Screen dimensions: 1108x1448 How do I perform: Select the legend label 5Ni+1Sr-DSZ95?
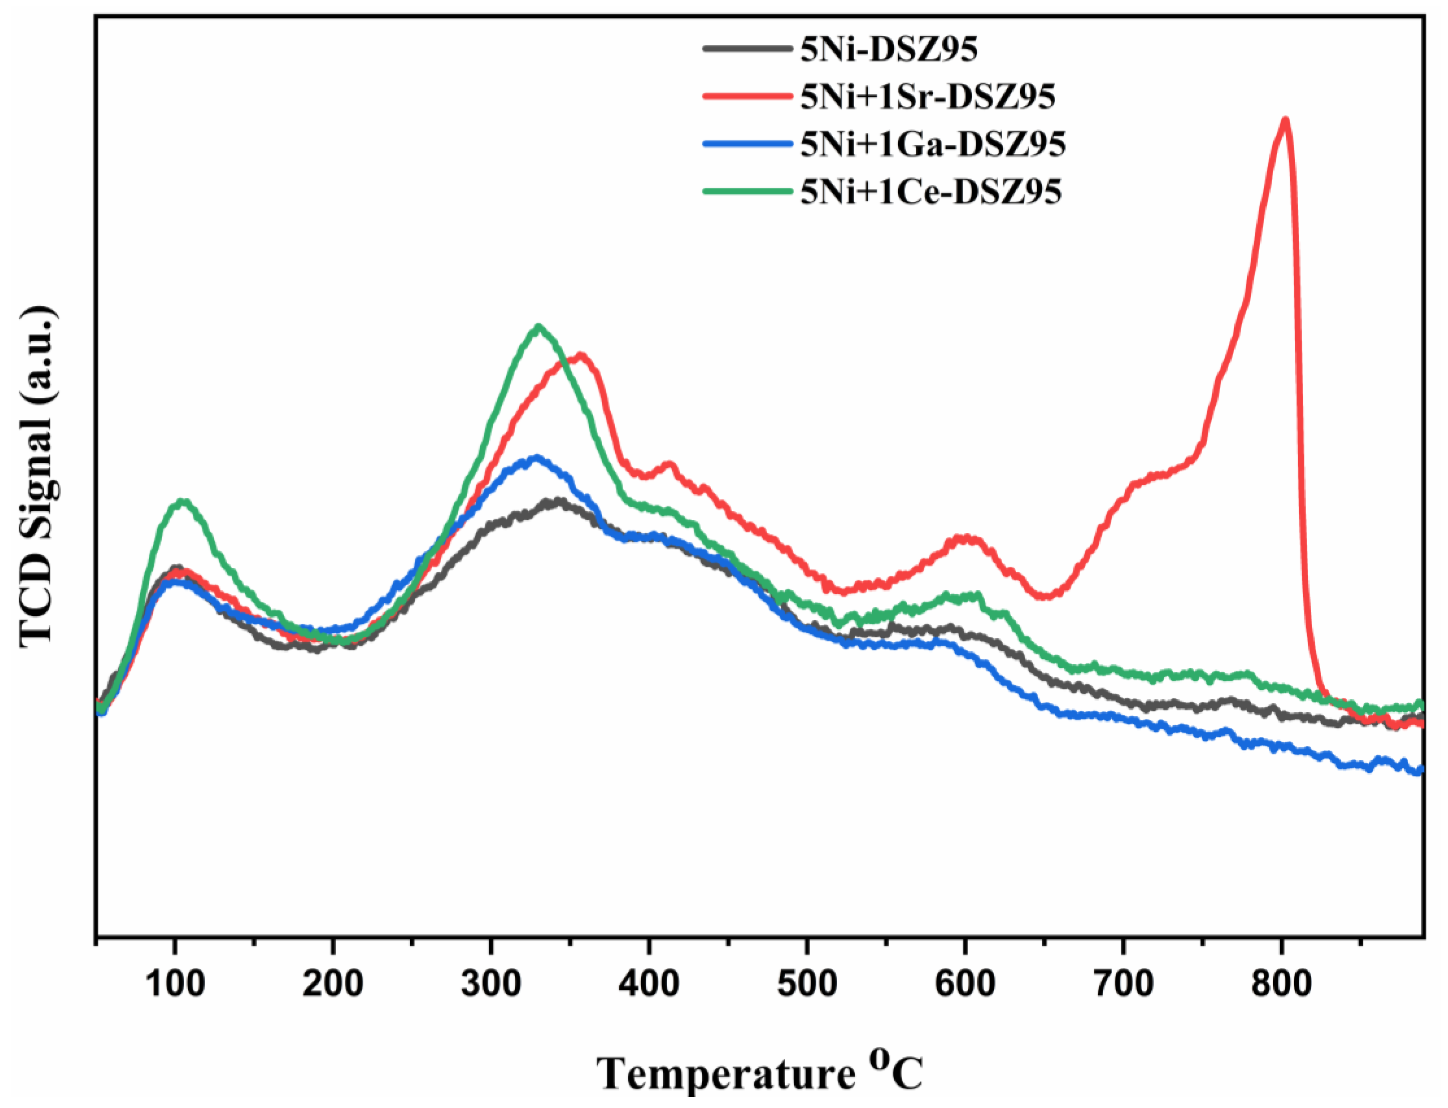928,97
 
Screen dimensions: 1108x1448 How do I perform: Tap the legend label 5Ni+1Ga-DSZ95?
933,144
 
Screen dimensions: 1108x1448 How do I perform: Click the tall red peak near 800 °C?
1284,121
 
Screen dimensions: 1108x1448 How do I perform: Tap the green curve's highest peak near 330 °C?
539,327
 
